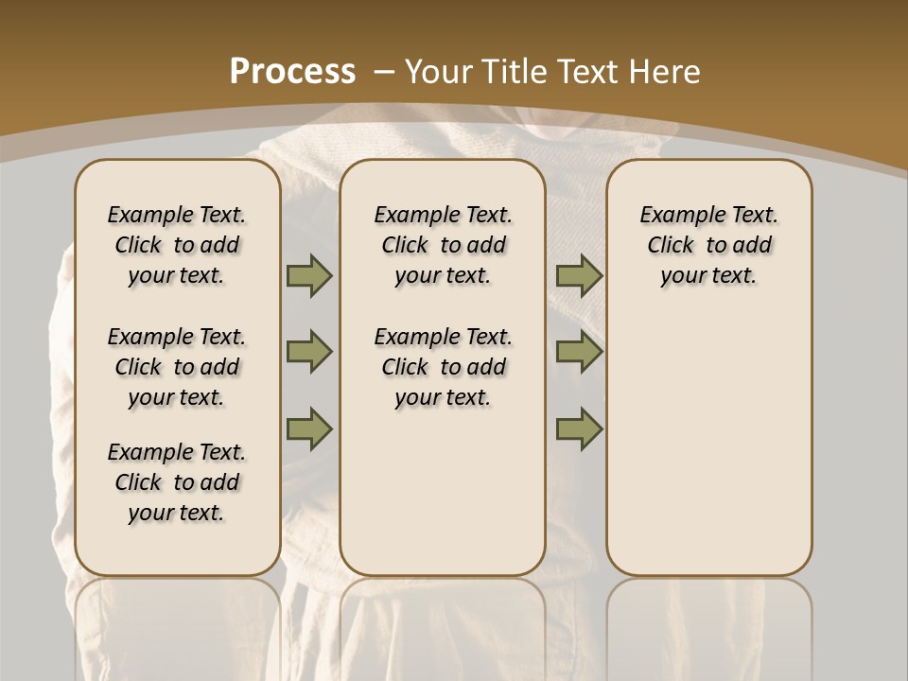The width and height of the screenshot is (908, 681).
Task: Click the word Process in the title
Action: click(x=292, y=71)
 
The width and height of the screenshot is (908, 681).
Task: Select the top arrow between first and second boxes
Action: click(x=309, y=276)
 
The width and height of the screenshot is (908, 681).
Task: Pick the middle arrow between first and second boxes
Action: click(x=309, y=352)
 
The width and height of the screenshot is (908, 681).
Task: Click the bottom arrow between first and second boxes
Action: click(x=309, y=428)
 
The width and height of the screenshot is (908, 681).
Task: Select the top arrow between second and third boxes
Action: click(x=579, y=276)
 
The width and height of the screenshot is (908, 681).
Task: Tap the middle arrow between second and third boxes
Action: click(x=579, y=352)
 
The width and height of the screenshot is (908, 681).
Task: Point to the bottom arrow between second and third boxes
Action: click(x=579, y=428)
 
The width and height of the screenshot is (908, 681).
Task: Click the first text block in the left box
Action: click(x=177, y=245)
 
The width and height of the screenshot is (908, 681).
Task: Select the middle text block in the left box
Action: click(x=177, y=367)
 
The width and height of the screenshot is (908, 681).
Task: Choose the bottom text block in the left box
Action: click(x=177, y=482)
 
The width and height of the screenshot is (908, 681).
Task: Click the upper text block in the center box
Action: click(x=443, y=245)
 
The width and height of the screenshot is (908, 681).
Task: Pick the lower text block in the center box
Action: click(x=443, y=367)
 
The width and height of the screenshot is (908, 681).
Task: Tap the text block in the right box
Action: click(x=709, y=245)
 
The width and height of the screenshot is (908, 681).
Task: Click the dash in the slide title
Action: click(x=383, y=71)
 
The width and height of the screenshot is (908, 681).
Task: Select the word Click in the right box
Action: click(x=671, y=246)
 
